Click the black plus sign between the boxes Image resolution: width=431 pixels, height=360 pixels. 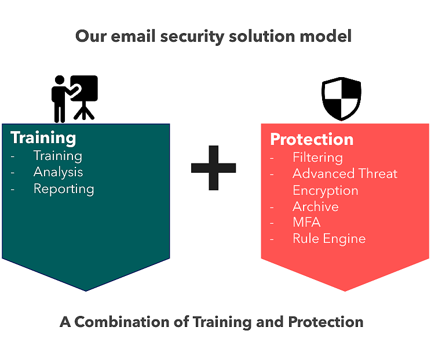pyautogui.click(x=213, y=168)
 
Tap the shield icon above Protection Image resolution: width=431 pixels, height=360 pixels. pyautogui.click(x=341, y=99)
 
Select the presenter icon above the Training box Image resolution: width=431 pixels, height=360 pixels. pyautogui.click(x=75, y=99)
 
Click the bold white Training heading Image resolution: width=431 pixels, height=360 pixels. pyautogui.click(x=43, y=138)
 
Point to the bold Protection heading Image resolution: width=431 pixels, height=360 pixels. pyautogui.click(x=312, y=139)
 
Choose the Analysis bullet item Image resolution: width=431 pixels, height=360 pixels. pyautogui.click(x=58, y=172)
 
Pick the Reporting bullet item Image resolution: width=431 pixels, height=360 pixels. pyautogui.click(x=64, y=189)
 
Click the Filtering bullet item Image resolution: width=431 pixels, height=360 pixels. pyautogui.click(x=318, y=158)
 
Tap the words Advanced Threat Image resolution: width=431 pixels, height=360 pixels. pyautogui.click(x=345, y=173)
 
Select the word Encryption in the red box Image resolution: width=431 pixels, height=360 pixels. pyautogui.click(x=326, y=191)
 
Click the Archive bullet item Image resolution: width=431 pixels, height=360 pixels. pyautogui.click(x=316, y=206)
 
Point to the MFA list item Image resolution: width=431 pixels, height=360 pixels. pyautogui.click(x=306, y=222)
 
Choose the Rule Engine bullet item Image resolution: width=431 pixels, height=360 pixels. pyautogui.click(x=329, y=239)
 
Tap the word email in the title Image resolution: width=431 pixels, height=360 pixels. pyautogui.click(x=133, y=36)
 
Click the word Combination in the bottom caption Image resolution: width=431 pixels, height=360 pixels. pyautogui.click(x=122, y=322)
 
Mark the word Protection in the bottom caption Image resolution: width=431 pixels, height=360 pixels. pyautogui.click(x=326, y=322)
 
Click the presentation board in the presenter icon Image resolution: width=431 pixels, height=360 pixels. pyautogui.click(x=84, y=88)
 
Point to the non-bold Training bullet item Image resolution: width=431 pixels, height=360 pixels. pyautogui.click(x=58, y=156)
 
